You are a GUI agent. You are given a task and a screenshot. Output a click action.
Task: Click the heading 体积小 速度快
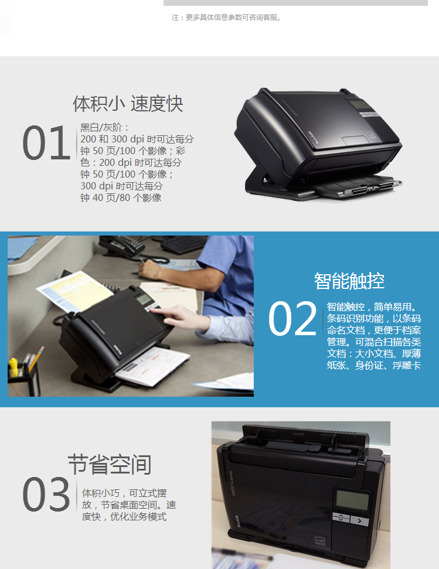128,104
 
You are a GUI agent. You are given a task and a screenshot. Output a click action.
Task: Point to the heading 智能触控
349,281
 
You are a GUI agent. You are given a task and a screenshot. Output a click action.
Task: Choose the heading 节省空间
110,465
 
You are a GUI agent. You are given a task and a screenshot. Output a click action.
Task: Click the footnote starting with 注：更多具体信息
227,18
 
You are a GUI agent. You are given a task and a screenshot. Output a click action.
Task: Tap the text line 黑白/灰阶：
105,128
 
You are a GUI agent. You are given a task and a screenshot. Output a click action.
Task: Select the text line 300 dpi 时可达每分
121,186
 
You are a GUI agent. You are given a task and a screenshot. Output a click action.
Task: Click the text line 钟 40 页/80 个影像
121,197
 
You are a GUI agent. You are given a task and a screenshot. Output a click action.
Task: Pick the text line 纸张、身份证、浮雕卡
374,366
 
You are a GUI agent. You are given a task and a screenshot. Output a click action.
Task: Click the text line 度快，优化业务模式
124,516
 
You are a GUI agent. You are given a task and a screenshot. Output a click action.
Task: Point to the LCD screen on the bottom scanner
352,500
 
